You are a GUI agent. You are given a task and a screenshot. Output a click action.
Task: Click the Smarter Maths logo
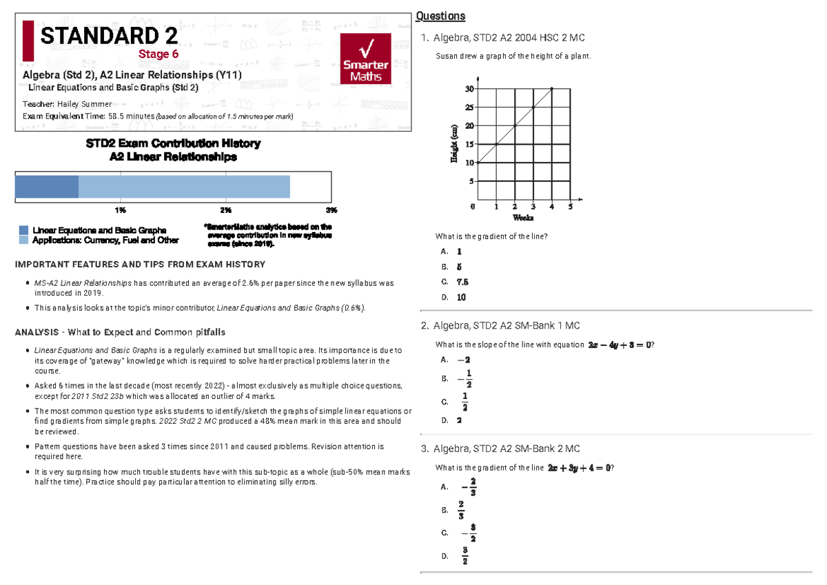(366, 60)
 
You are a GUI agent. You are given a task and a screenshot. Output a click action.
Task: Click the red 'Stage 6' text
(159, 54)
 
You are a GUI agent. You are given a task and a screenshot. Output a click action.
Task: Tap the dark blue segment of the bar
(47, 187)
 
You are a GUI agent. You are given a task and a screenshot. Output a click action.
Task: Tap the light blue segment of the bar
(184, 187)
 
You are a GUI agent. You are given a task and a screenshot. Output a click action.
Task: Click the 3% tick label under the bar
(331, 209)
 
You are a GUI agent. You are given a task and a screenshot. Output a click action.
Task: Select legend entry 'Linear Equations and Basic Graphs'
(99, 230)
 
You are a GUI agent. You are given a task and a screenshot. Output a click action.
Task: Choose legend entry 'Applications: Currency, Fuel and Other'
(105, 240)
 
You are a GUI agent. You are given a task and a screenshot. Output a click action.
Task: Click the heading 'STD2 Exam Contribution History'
(173, 143)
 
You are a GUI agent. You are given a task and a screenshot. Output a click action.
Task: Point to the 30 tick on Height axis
(469, 89)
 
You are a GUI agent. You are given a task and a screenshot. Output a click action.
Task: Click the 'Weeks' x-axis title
(523, 218)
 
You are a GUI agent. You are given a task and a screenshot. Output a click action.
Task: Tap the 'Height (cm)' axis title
(453, 144)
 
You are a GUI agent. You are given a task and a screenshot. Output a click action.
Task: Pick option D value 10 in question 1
(461, 298)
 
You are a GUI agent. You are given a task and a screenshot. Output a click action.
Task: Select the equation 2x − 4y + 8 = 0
(617, 345)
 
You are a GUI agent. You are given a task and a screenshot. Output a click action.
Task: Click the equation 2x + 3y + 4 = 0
(579, 468)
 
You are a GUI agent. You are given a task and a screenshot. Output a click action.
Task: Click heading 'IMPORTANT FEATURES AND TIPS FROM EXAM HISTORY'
(140, 265)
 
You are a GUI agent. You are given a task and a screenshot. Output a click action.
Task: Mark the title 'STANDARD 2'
(109, 36)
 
